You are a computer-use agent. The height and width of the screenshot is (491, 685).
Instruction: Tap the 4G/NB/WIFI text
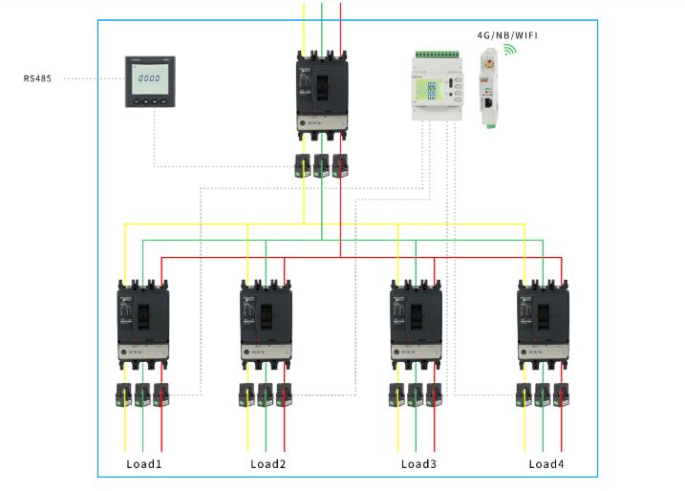pyautogui.click(x=507, y=34)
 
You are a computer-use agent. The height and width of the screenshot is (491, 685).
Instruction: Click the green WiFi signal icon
pyautogui.click(x=510, y=48)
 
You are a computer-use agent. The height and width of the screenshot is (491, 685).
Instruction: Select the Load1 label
pyautogui.click(x=144, y=464)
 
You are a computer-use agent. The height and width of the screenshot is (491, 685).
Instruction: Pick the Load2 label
pyautogui.click(x=268, y=464)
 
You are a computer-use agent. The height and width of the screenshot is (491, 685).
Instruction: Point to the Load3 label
pyautogui.click(x=418, y=464)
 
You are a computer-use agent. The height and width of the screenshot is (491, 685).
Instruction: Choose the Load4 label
pyautogui.click(x=546, y=464)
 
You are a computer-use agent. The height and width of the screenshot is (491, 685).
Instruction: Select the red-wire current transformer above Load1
pyautogui.click(x=161, y=395)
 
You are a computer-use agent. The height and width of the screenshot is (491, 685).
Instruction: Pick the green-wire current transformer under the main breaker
pyautogui.click(x=322, y=163)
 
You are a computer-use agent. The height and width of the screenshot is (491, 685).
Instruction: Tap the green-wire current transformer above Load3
pyautogui.click(x=416, y=395)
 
